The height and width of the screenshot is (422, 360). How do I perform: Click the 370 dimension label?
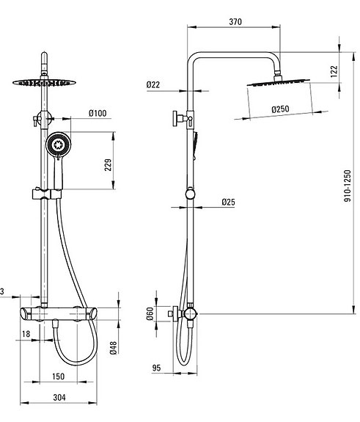235,22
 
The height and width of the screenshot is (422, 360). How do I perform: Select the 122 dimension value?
334,70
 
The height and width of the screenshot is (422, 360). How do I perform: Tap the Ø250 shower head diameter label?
279,109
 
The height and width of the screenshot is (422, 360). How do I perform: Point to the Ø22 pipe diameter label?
153,85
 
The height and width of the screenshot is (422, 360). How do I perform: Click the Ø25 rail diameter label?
228,202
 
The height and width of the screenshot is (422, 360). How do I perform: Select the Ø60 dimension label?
150,313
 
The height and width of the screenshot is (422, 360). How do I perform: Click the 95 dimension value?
155,368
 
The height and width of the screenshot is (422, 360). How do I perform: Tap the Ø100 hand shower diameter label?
98,113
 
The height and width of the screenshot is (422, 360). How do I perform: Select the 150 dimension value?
59,376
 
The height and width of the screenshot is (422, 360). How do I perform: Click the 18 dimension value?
26,334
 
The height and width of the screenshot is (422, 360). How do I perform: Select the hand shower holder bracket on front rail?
45,194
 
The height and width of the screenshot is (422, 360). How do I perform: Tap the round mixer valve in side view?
189,313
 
